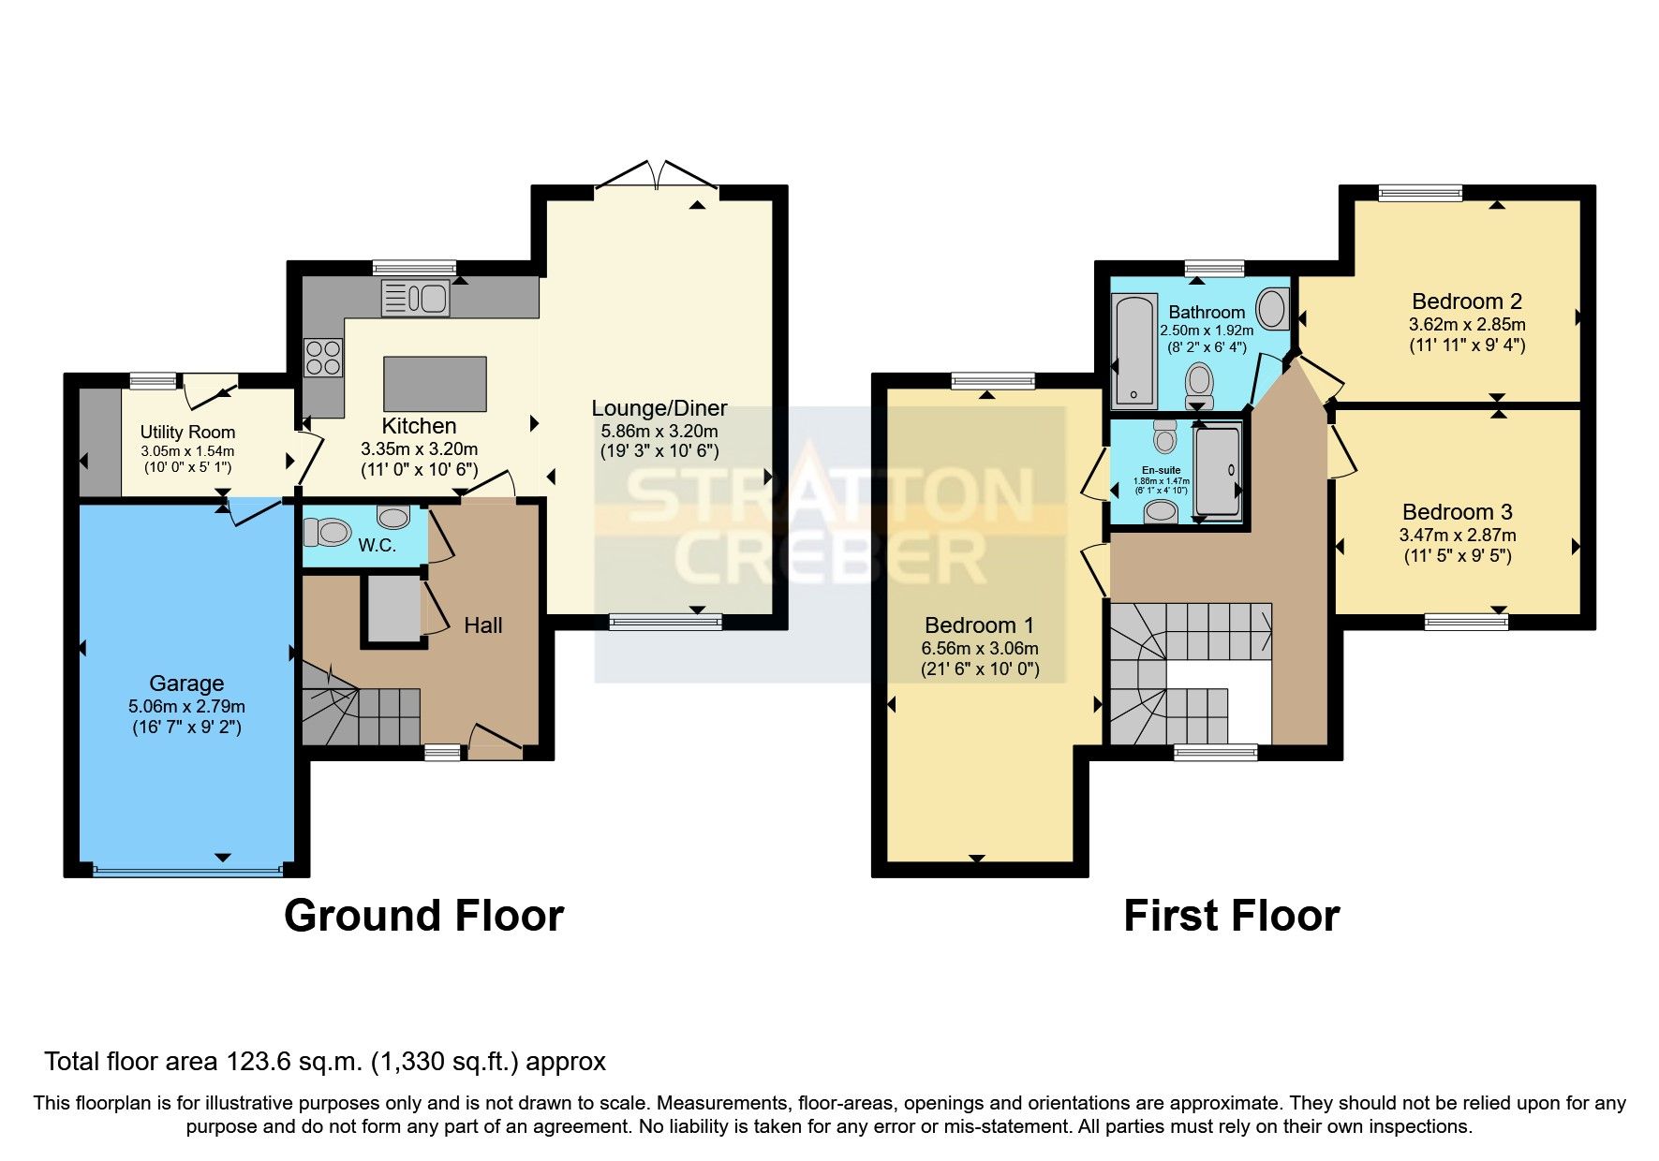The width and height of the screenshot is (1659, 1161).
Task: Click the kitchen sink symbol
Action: pos(415,299)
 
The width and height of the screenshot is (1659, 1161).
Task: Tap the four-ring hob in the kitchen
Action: pos(322,357)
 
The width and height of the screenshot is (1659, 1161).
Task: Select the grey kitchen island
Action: pos(435,384)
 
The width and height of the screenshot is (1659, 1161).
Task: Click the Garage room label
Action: pos(186,683)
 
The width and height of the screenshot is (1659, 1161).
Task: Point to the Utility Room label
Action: pos(187,432)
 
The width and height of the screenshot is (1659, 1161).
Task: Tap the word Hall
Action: pos(483,625)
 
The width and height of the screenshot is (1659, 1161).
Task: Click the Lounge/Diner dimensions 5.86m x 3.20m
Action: pos(659,431)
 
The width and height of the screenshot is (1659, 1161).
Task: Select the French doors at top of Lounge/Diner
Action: pos(657,178)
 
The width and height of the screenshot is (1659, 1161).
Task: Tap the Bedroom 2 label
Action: pos(1466,301)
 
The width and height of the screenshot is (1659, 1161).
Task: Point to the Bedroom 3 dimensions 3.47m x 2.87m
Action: pos(1457,536)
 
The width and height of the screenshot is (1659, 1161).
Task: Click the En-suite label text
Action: pos(1161,470)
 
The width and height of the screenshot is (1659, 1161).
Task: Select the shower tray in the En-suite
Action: pos(1218,470)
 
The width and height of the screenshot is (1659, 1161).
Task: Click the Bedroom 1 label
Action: pos(980,625)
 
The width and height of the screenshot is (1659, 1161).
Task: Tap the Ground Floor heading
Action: pos(423,916)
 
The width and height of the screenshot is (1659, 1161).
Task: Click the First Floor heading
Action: pos(1231,916)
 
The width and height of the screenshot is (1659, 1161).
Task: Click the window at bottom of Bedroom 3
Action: pos(1466,620)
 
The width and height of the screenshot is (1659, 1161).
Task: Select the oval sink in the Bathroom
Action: pos(1272,309)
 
